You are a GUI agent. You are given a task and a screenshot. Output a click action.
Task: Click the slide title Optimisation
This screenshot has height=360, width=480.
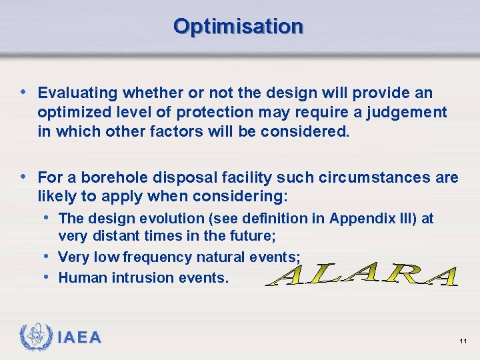[x=238, y=26]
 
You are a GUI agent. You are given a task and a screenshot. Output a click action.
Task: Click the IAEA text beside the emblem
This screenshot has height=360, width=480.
[x=79, y=338]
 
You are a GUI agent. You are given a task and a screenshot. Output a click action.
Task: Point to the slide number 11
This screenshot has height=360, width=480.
[x=463, y=341]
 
